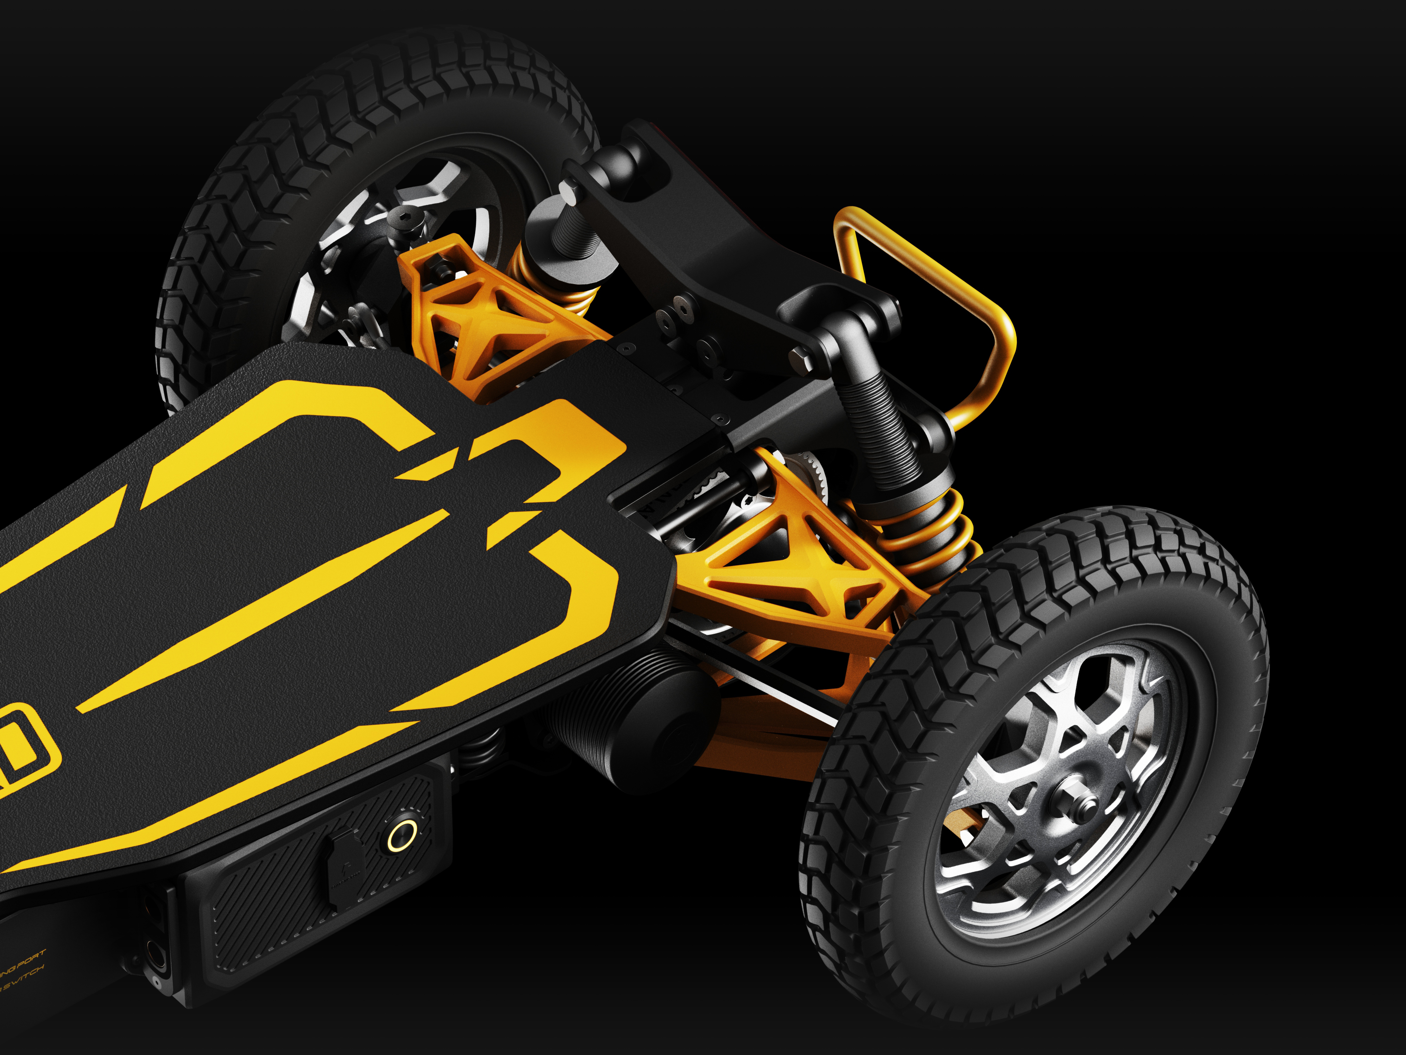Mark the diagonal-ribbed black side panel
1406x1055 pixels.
pyautogui.click(x=267, y=921)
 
